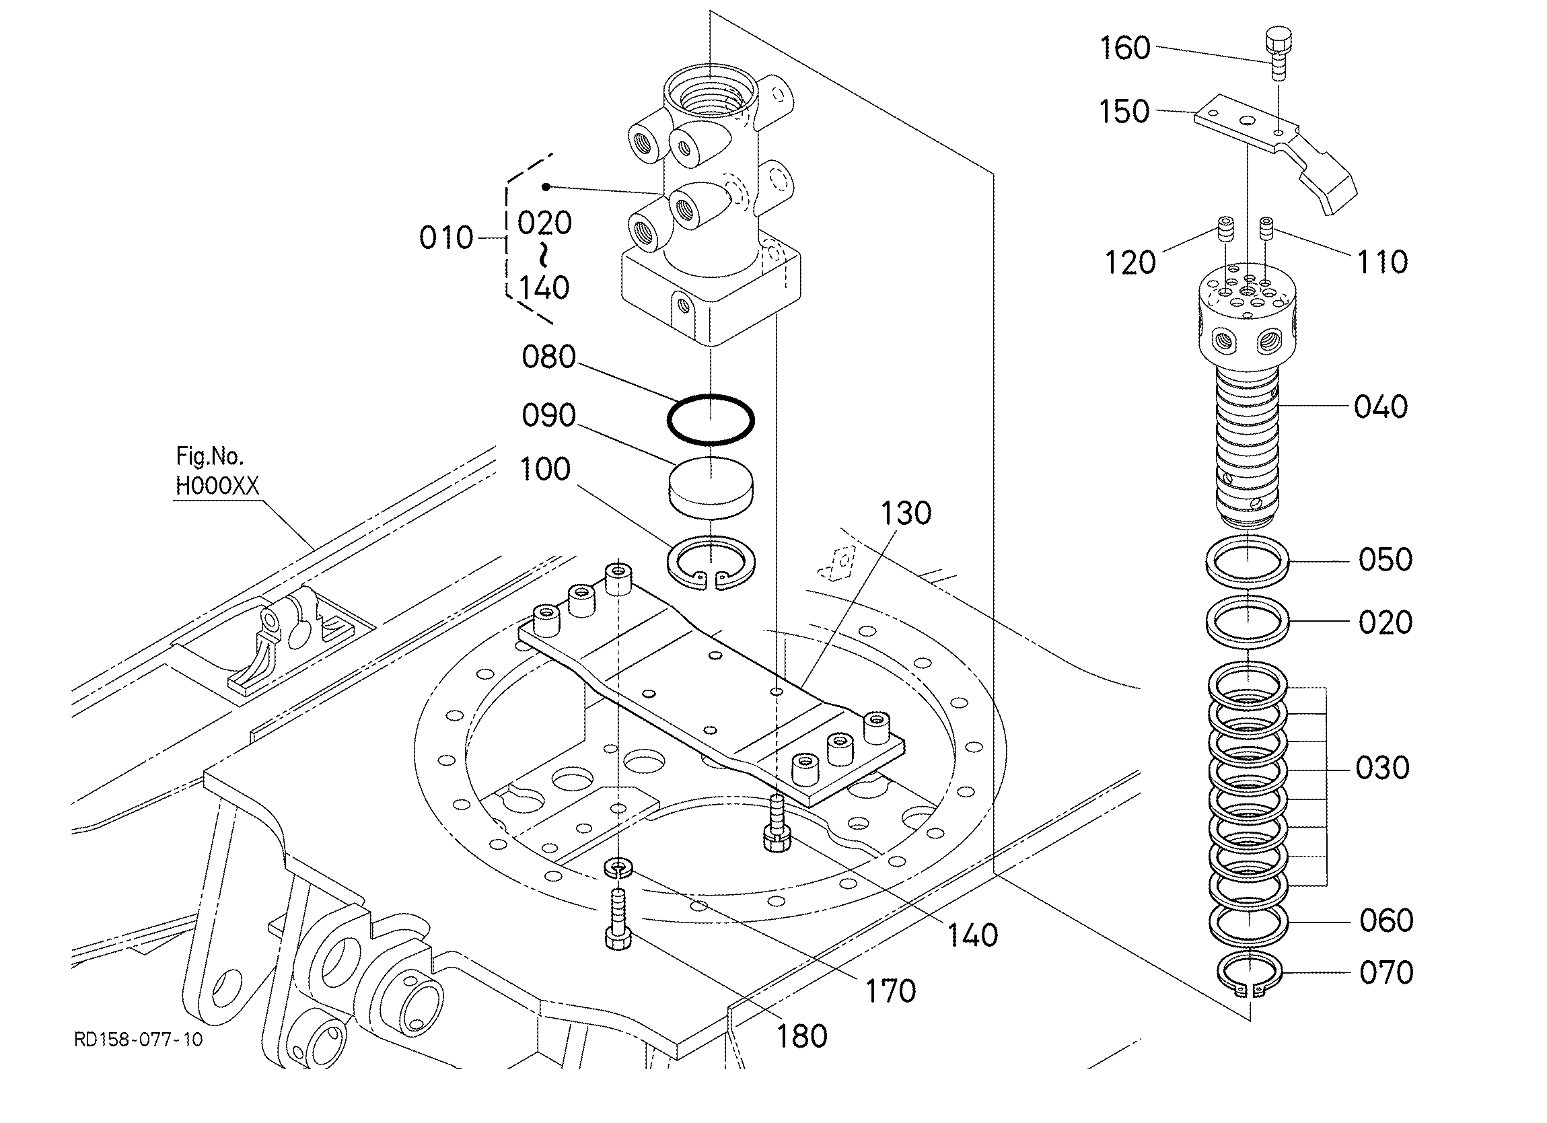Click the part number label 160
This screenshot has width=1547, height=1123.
point(1125,48)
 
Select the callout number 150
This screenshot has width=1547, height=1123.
point(1124,112)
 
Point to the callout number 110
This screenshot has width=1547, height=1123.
point(1382,262)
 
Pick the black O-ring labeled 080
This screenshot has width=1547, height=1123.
point(711,420)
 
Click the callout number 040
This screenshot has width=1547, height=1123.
point(1381,406)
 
